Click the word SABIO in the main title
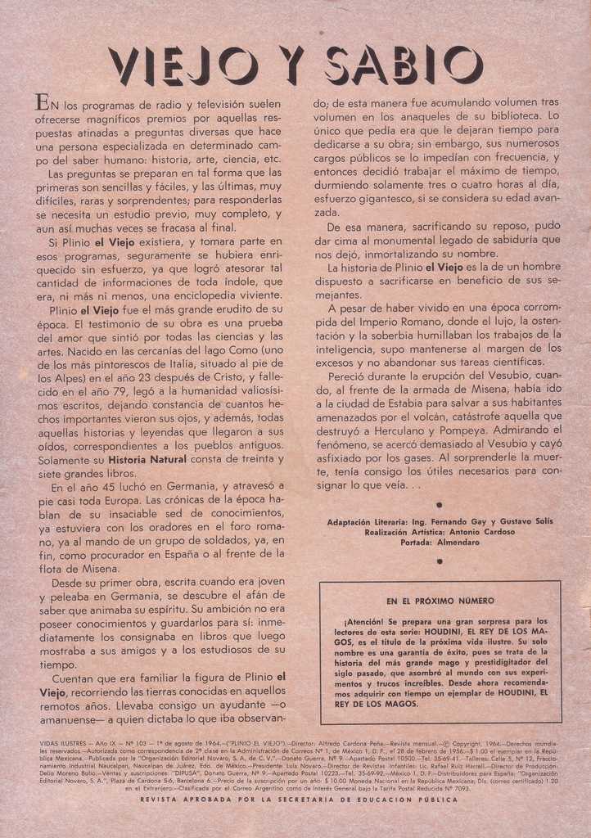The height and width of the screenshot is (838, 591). point(404,65)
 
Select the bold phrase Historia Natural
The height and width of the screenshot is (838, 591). point(147,459)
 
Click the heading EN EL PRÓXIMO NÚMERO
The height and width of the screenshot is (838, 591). point(440,601)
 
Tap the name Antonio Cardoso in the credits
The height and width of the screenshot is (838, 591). point(484,532)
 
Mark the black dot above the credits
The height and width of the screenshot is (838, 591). point(440,505)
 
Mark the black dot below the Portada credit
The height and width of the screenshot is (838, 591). point(440,561)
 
